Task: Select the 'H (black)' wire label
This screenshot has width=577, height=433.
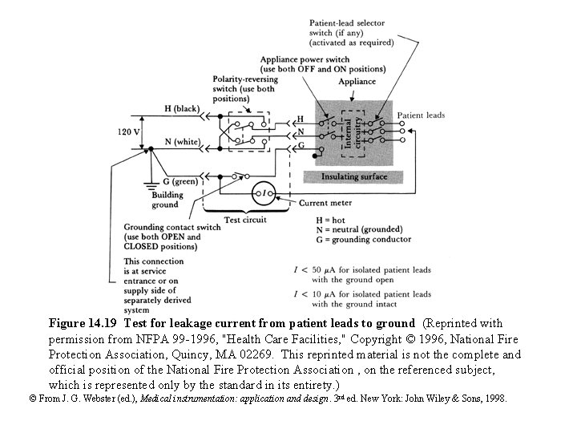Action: [181, 108]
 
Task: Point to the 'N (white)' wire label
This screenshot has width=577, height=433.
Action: [181, 141]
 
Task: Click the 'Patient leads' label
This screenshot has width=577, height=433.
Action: [421, 115]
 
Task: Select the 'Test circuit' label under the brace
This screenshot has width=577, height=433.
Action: [244, 219]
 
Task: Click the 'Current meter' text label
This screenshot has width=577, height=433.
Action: [324, 203]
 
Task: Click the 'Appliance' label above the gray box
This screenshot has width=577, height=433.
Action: [357, 81]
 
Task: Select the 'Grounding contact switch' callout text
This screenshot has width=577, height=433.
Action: [171, 237]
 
